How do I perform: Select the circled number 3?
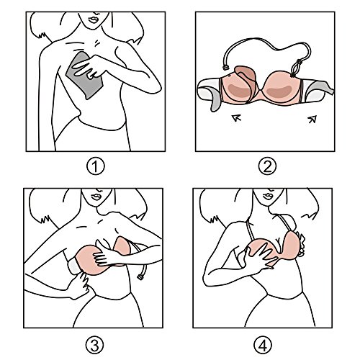(93, 342)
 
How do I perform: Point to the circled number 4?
(266, 342)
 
